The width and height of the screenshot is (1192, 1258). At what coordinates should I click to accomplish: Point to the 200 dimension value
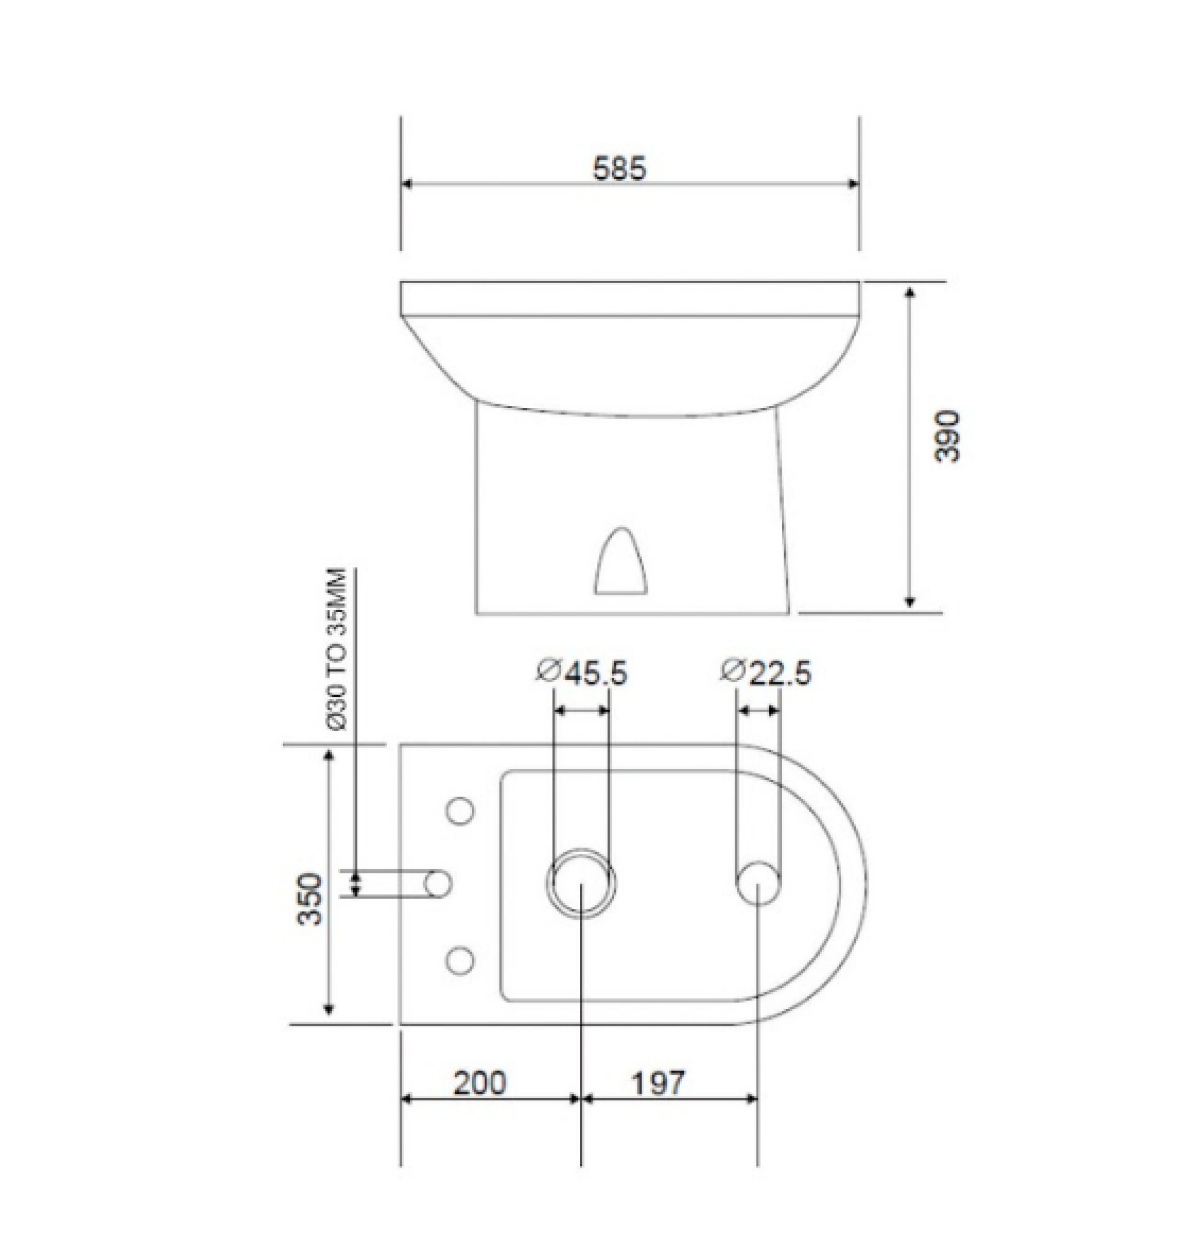tap(480, 1083)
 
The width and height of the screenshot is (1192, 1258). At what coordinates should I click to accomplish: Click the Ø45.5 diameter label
tap(581, 673)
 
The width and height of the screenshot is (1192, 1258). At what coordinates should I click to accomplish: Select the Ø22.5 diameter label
tap(766, 673)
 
